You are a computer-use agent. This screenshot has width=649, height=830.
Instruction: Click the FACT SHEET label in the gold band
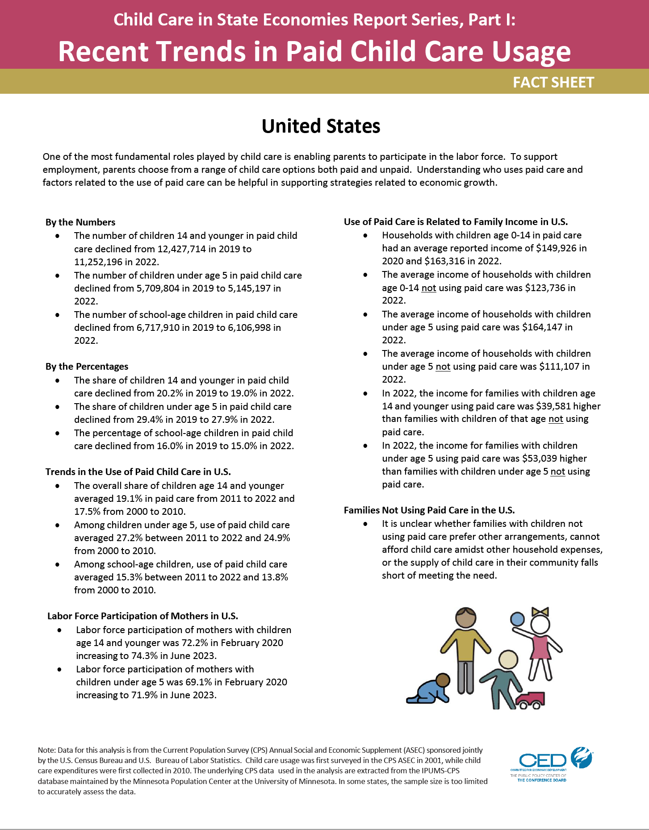point(553,83)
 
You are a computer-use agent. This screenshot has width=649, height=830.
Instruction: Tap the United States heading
point(321,126)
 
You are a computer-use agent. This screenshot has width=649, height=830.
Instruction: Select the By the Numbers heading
point(80,222)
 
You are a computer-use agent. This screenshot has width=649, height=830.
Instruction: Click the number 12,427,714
point(182,249)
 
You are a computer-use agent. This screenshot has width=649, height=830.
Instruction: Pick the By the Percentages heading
point(87,367)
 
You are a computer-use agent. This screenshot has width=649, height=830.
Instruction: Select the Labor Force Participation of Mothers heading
point(142,616)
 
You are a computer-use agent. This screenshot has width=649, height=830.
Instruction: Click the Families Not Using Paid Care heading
point(429,510)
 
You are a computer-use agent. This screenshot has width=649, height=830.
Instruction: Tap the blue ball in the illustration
point(517,619)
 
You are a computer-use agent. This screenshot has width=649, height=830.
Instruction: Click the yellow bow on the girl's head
point(540,612)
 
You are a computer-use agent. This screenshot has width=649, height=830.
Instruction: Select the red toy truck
point(531,700)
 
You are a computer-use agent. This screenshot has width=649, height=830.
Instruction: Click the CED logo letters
point(543,761)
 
